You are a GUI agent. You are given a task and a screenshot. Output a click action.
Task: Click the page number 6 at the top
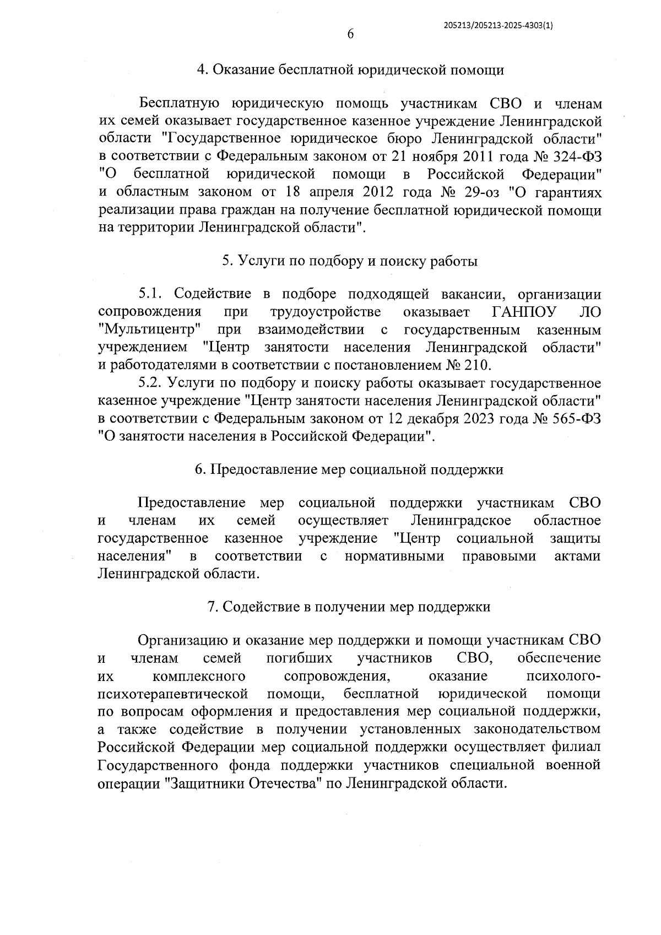[350, 34]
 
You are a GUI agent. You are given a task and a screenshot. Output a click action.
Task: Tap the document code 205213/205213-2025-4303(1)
[497, 25]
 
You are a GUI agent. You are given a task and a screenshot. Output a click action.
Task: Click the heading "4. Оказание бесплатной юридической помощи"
[350, 70]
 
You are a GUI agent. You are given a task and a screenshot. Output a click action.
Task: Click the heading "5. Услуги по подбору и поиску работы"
[350, 261]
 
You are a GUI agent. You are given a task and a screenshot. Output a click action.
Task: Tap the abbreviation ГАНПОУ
[523, 312]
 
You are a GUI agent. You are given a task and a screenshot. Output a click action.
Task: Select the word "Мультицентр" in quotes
[149, 330]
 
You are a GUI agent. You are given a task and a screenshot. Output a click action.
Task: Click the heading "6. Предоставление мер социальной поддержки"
[350, 469]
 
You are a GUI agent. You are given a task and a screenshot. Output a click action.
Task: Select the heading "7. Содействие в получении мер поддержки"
[349, 607]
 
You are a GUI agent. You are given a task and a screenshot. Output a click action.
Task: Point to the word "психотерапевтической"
[173, 694]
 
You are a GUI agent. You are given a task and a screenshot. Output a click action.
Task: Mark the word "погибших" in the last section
[300, 658]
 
